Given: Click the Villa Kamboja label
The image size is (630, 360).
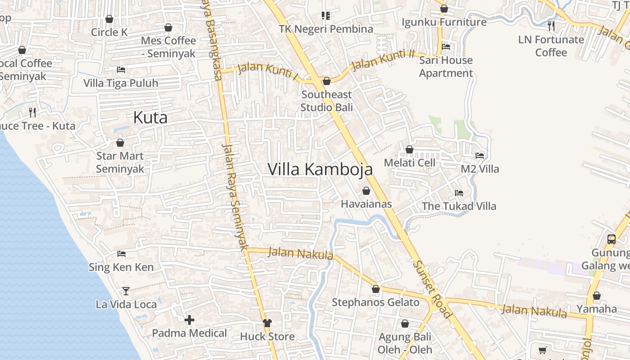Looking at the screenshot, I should click(320, 169).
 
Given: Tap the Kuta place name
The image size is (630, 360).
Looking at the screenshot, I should click(150, 118).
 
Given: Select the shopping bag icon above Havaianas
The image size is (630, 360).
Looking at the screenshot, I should click(366, 191).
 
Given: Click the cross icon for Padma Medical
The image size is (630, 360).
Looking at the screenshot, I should click(189, 320).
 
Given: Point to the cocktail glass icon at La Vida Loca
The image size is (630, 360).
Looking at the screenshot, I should click(126, 291).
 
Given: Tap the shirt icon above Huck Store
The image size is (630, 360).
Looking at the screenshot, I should click(267, 323).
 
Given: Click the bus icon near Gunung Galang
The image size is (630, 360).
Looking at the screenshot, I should click(611, 239).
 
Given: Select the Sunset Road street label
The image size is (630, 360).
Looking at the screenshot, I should click(432, 289).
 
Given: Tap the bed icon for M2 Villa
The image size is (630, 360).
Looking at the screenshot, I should click(480, 156).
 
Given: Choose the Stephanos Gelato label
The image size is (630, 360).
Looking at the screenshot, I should click(375, 302).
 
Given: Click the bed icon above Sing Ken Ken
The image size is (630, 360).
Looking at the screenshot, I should click(121, 254).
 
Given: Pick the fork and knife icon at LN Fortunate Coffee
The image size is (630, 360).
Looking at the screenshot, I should click(551, 26).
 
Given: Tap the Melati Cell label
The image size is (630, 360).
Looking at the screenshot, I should click(409, 162).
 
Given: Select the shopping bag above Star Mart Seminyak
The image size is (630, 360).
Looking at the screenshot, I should click(120, 143).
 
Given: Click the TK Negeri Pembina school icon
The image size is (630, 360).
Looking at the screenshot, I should click(326, 16).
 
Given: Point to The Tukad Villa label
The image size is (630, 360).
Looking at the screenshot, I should click(459, 206).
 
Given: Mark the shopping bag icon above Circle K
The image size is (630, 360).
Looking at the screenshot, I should click(109, 19).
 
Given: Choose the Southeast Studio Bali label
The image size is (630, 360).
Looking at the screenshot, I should click(326, 101).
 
